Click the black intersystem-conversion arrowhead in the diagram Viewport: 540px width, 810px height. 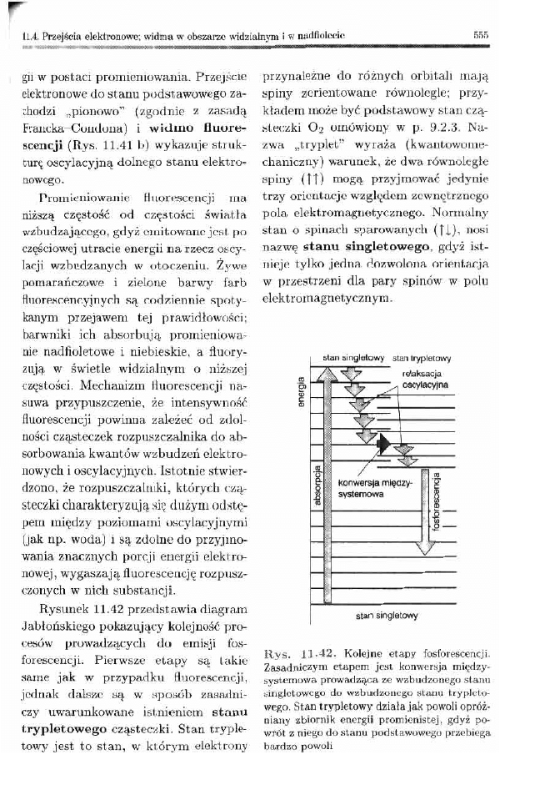pyautogui.click(x=384, y=444)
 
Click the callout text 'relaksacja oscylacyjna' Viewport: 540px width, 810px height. pyautogui.click(x=424, y=380)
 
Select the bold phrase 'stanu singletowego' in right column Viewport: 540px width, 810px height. pyautogui.click(x=363, y=246)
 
